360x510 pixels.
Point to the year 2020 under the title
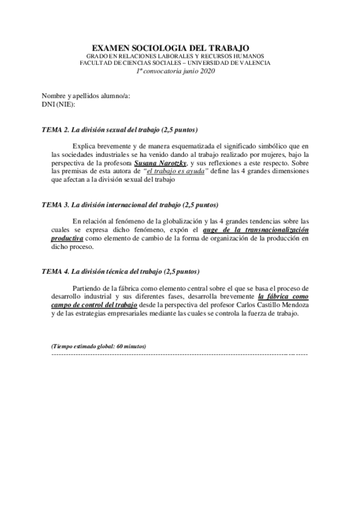205,70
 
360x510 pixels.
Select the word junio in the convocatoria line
185,70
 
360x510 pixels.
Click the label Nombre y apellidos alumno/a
86,96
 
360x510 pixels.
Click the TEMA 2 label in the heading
55,130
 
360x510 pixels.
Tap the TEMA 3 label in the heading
55,205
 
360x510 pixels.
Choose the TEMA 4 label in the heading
55,272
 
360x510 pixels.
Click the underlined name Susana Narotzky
161,163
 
